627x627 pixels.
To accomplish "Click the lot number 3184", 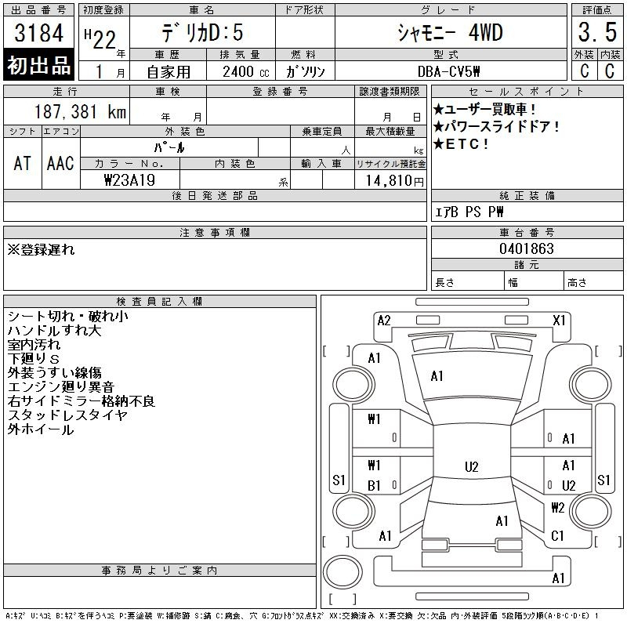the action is click(x=38, y=33).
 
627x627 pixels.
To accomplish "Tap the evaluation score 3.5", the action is click(x=597, y=32).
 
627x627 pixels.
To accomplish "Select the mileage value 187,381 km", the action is click(x=80, y=111).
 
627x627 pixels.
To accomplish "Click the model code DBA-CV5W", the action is click(x=448, y=71).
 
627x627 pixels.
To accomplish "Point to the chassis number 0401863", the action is click(x=527, y=248).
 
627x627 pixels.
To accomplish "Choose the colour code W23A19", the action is click(x=129, y=180).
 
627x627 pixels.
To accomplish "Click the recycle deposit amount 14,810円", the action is click(x=394, y=180).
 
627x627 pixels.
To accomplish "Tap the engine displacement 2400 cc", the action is click(x=246, y=71).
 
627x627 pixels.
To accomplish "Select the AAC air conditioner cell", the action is click(x=60, y=163).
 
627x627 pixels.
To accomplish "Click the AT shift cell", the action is click(x=23, y=163).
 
